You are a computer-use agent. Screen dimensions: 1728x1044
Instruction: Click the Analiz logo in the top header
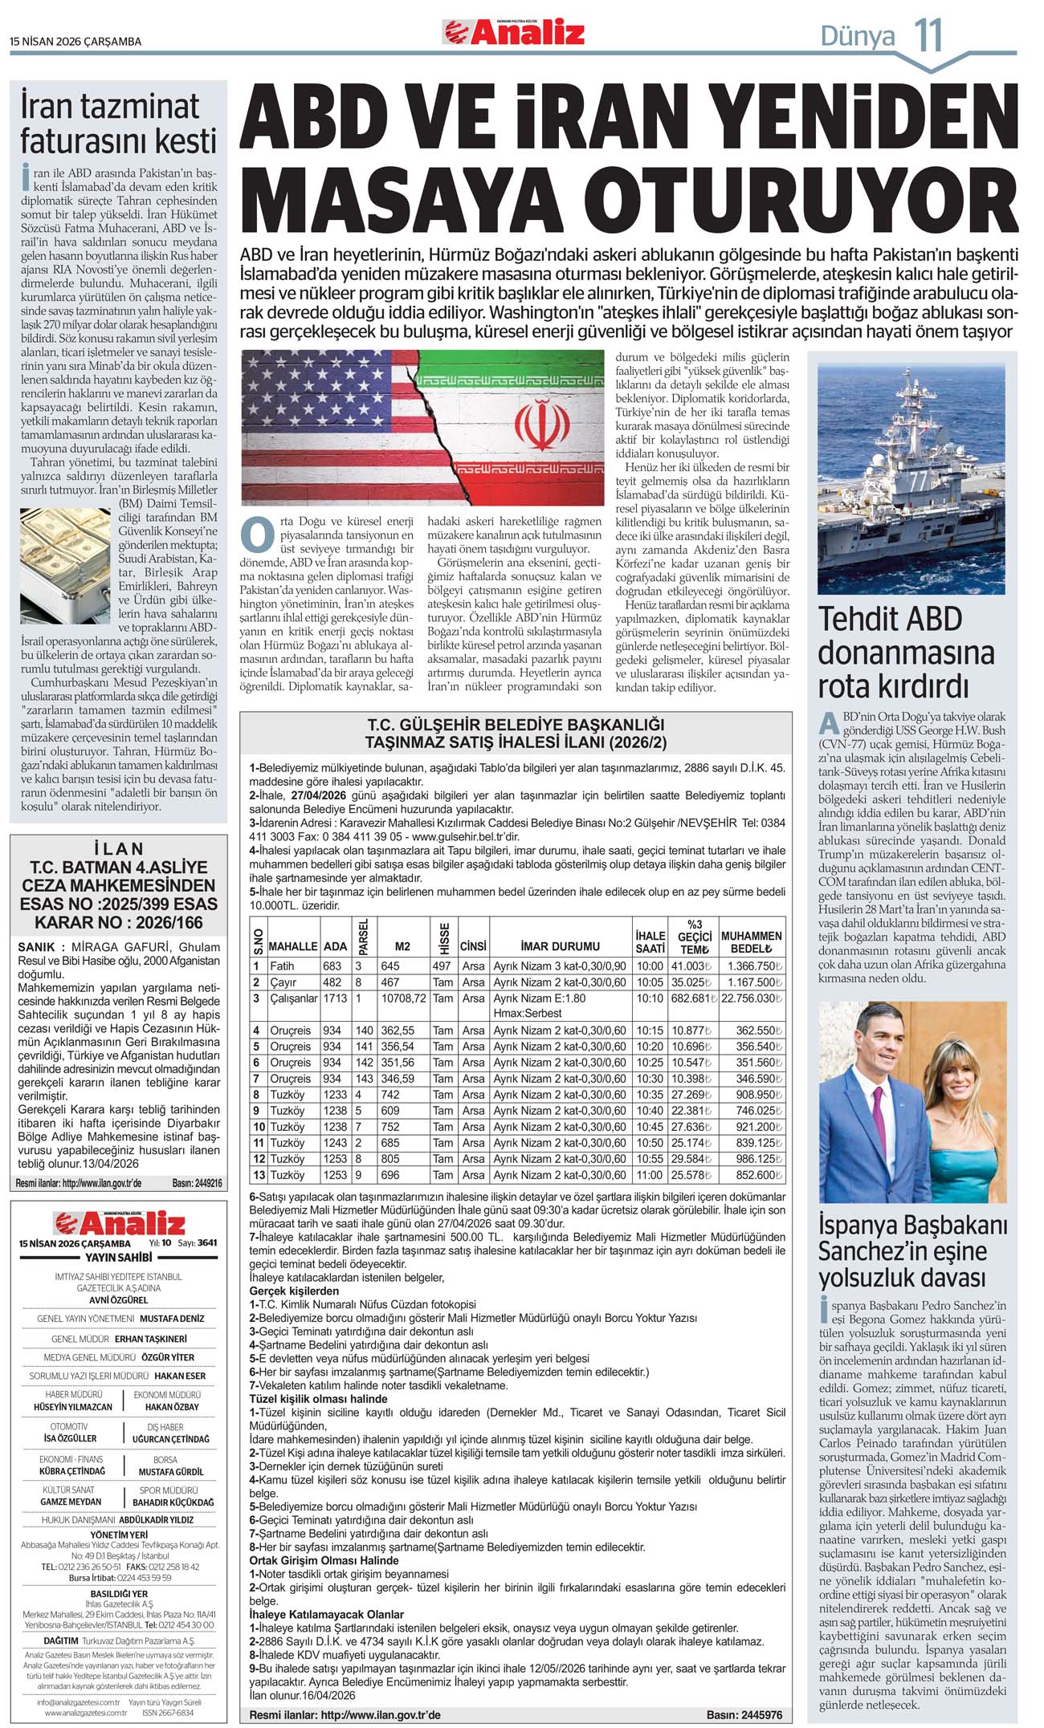click(x=514, y=32)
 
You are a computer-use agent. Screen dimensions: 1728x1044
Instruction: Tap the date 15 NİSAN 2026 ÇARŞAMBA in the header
click(x=75, y=41)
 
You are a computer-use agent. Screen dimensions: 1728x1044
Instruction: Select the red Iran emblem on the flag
click(x=536, y=423)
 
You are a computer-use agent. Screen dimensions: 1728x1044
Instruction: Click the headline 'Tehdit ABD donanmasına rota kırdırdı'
click(x=906, y=653)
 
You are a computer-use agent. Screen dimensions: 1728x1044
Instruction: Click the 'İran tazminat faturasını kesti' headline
click(x=118, y=123)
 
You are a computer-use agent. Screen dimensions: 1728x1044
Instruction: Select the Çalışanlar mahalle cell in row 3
click(x=293, y=998)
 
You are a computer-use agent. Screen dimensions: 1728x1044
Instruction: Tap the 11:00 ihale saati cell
click(x=649, y=1175)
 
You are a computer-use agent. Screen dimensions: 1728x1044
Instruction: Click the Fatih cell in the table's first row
click(x=282, y=966)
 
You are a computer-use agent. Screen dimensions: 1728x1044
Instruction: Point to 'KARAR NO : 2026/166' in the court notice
click(x=118, y=922)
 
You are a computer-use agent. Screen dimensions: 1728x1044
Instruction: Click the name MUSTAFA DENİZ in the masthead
click(x=172, y=1318)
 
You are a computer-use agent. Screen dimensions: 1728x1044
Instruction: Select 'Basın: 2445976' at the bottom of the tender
click(x=744, y=1714)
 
